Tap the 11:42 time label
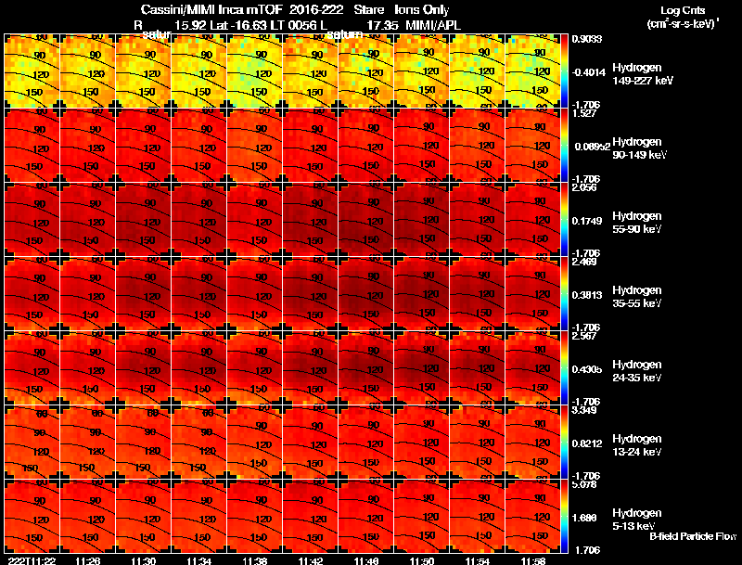coord(311,560)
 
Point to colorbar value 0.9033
coord(588,38)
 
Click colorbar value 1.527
coord(586,113)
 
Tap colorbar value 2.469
coord(586,263)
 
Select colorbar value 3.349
coord(586,410)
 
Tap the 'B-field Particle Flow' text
coord(693,537)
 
